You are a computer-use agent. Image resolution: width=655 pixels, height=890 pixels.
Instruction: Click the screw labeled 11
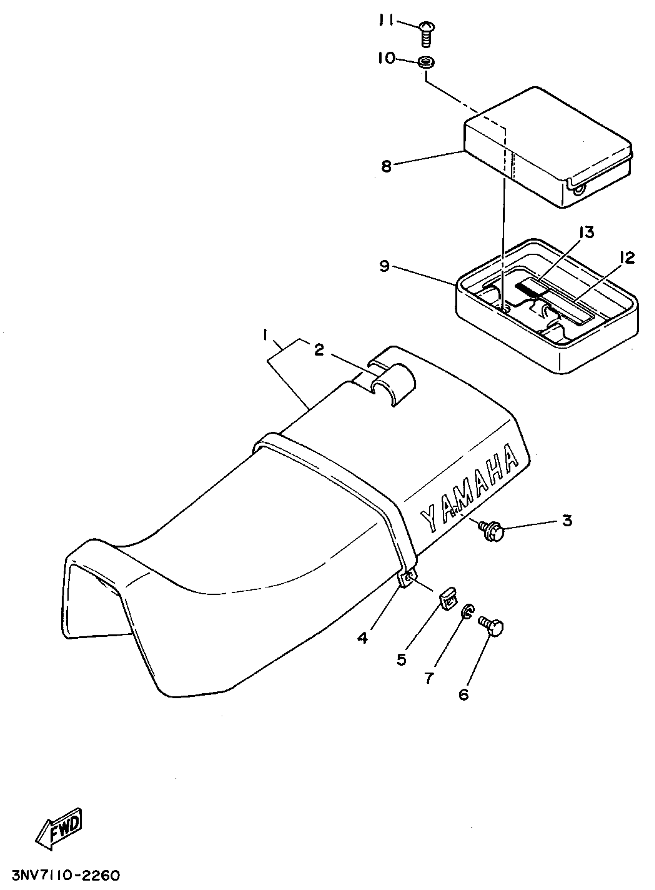427,33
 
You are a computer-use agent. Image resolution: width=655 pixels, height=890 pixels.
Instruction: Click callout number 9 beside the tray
384,266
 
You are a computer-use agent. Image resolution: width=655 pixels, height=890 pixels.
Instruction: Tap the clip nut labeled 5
447,603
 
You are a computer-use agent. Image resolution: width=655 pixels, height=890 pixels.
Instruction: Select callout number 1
264,336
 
